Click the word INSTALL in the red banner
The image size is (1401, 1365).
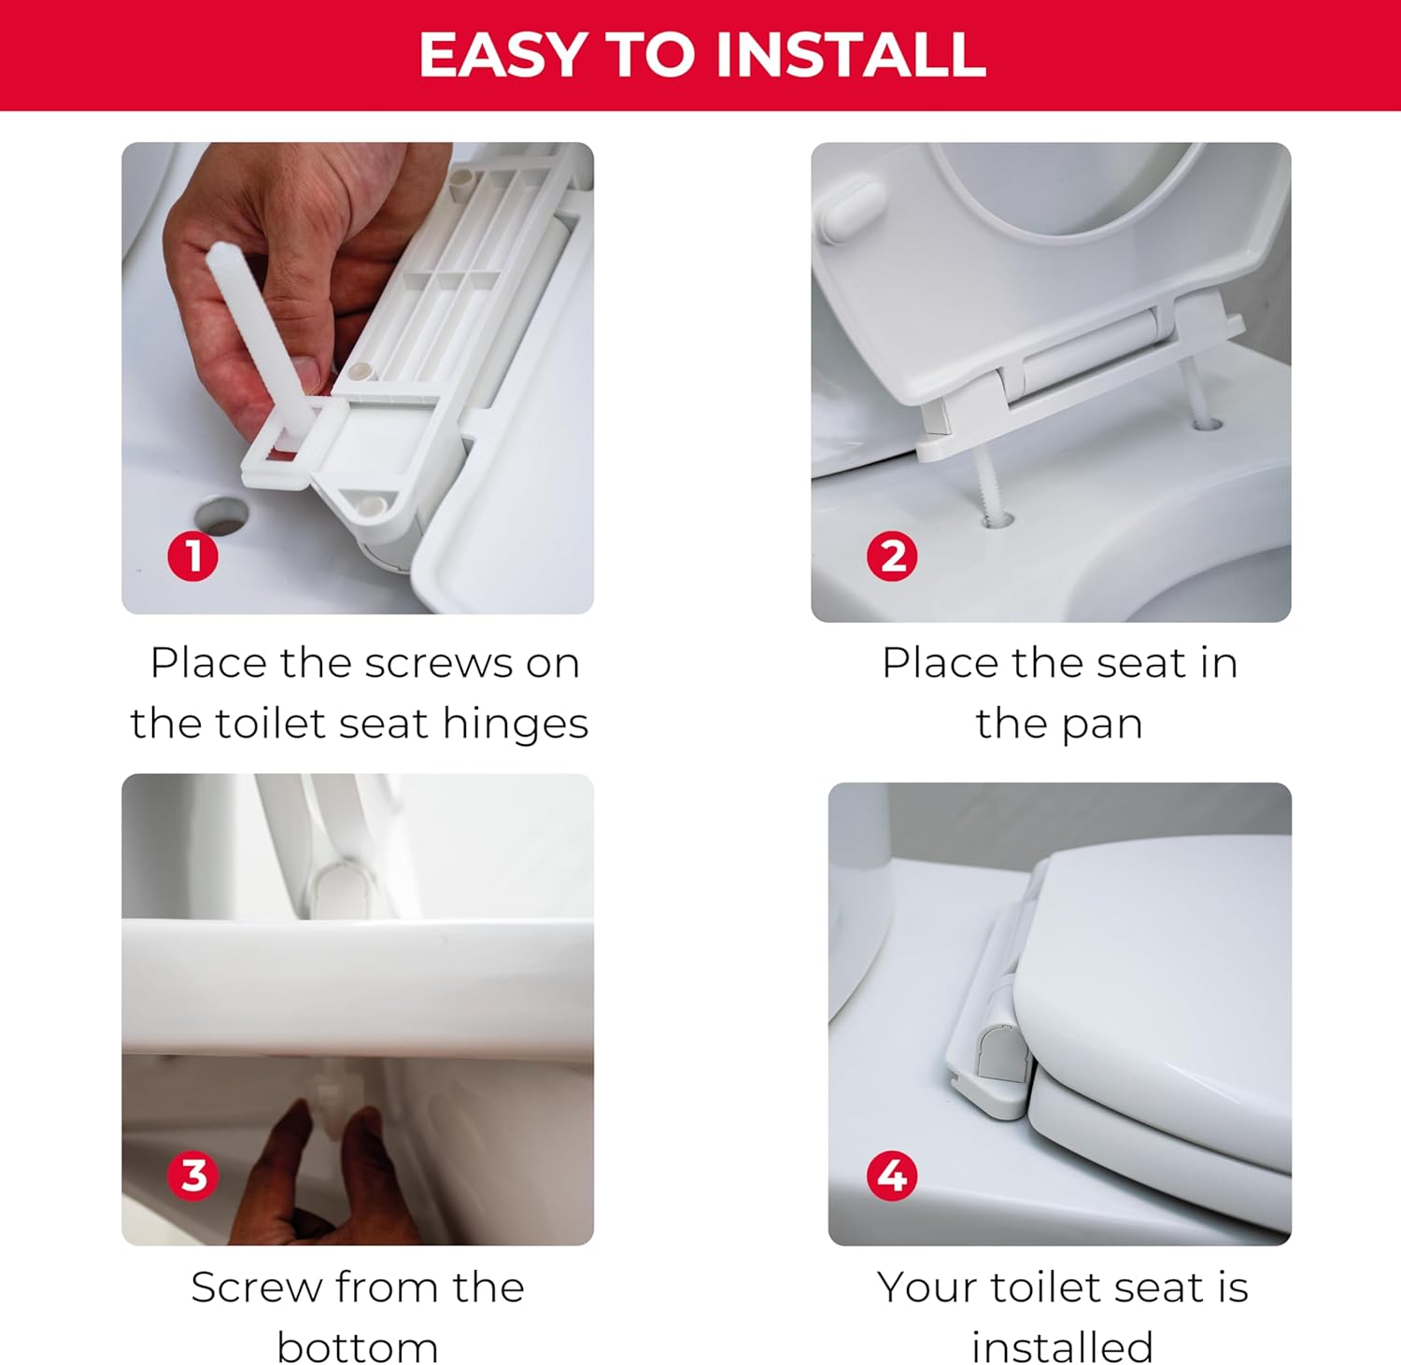pyautogui.click(x=850, y=55)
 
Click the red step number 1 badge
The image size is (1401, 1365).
pyautogui.click(x=192, y=556)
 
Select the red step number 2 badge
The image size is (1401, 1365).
pyautogui.click(x=892, y=556)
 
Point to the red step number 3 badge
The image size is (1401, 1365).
pyautogui.click(x=192, y=1175)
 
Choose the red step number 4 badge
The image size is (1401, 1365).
pyautogui.click(x=892, y=1175)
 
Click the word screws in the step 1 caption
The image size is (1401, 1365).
pyautogui.click(x=439, y=664)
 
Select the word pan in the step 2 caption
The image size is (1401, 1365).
pyautogui.click(x=1101, y=725)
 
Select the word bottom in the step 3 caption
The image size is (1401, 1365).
pyautogui.click(x=357, y=1346)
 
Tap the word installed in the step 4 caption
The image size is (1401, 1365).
pyautogui.click(x=1062, y=1346)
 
